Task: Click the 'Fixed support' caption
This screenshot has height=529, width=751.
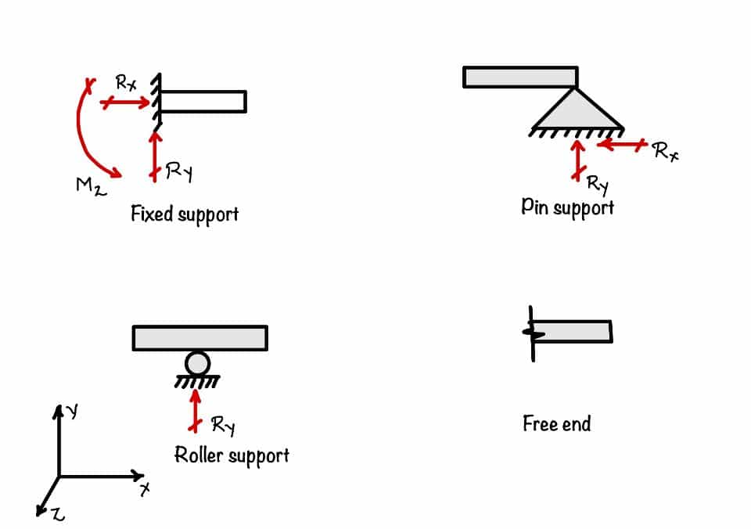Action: point(185,214)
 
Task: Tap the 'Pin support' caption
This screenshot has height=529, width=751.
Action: point(568,207)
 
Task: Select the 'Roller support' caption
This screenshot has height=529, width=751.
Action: point(232,455)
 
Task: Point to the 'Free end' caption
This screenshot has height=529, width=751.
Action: point(557,424)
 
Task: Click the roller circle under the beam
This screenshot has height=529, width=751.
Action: point(198,363)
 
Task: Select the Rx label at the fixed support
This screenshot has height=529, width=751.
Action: point(127,81)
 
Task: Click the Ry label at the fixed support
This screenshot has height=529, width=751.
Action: point(179,172)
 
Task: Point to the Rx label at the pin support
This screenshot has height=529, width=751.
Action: point(666,151)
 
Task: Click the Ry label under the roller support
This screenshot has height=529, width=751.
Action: point(223,426)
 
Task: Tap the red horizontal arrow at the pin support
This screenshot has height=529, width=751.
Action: point(623,144)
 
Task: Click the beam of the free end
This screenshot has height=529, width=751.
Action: point(573,332)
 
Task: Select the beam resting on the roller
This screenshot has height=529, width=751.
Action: point(200,338)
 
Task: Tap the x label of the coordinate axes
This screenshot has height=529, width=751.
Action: point(146,489)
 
